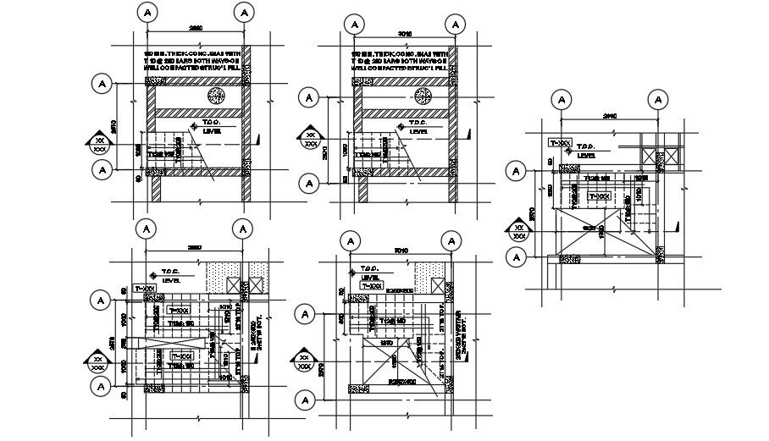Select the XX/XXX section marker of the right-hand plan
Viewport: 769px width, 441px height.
click(x=517, y=231)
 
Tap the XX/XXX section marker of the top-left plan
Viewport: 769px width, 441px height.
click(x=100, y=143)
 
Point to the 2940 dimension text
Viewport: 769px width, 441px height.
click(x=606, y=116)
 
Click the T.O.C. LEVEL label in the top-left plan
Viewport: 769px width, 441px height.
click(x=209, y=127)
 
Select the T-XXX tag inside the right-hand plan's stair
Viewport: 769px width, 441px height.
click(x=599, y=196)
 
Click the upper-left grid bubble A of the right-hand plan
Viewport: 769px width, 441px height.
click(x=560, y=100)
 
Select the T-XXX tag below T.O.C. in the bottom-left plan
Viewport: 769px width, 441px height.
click(x=150, y=289)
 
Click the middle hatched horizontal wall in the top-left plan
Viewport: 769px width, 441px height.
click(x=198, y=112)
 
